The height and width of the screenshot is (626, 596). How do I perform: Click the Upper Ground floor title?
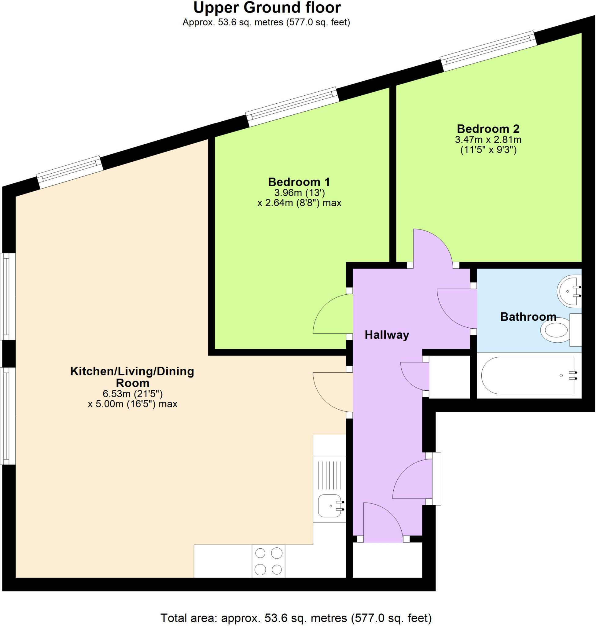tap(267, 8)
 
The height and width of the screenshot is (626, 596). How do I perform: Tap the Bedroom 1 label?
tap(299, 182)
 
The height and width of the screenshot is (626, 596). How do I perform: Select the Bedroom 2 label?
tap(488, 129)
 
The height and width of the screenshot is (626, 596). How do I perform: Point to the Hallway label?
tap(387, 335)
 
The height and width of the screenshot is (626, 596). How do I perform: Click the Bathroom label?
tap(528, 317)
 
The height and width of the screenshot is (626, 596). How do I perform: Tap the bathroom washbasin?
tap(569, 291)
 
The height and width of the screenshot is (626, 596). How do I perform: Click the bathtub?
tap(528, 376)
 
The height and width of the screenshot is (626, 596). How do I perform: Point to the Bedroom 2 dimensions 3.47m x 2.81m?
tap(488, 139)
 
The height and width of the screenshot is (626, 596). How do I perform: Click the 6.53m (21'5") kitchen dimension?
tap(132, 394)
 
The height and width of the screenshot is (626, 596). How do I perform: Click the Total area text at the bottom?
tap(296, 618)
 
